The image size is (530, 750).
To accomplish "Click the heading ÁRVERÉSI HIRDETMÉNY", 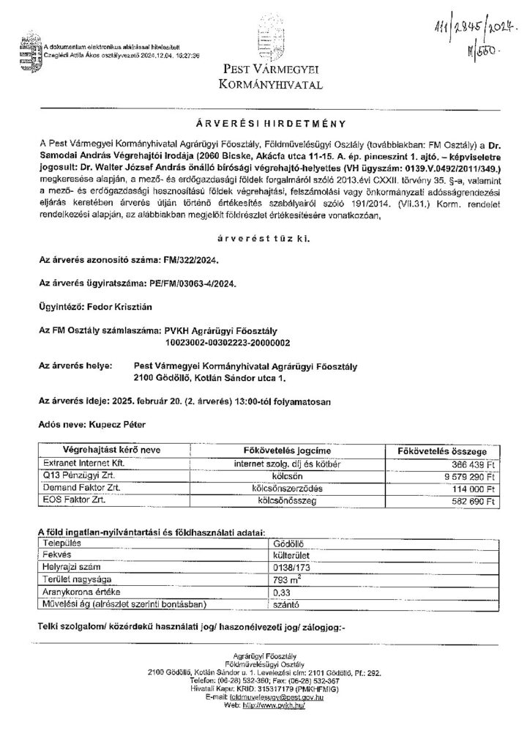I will pyautogui.click(x=264, y=125).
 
